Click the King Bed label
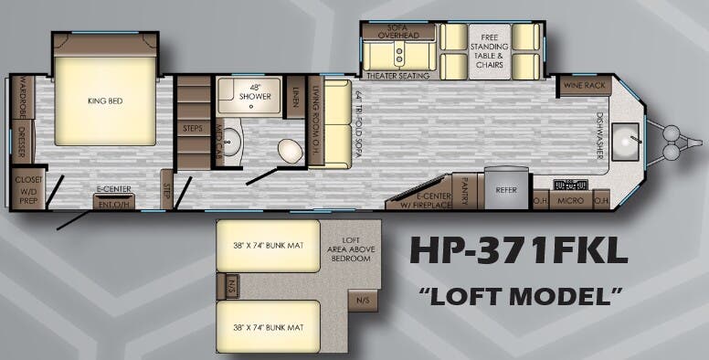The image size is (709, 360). pos(104,101)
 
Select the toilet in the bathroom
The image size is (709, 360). pos(291,150)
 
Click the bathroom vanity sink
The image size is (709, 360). pos(232,142)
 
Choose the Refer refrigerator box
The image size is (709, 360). pos(506,190)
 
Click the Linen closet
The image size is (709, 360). pos(294,96)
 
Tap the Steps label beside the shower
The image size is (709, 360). pos(193,128)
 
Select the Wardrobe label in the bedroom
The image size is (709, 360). pos(22,100)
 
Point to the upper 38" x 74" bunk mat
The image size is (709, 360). pos(268,246)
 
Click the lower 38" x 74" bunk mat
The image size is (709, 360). pos(268,325)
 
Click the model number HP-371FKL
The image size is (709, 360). pos(518,249)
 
